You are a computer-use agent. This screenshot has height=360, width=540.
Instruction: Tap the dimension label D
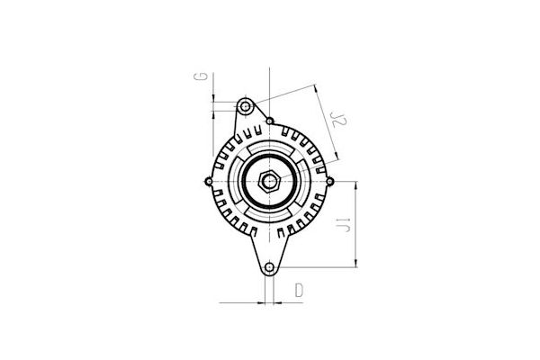point(300,292)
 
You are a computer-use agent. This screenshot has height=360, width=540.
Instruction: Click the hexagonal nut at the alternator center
point(269,181)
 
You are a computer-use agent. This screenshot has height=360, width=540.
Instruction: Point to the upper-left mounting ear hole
point(243,106)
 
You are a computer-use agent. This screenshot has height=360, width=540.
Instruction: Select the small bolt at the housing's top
point(270,121)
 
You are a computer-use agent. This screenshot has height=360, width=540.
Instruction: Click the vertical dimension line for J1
point(357,225)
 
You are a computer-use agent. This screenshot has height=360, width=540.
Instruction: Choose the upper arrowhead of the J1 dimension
point(357,184)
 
